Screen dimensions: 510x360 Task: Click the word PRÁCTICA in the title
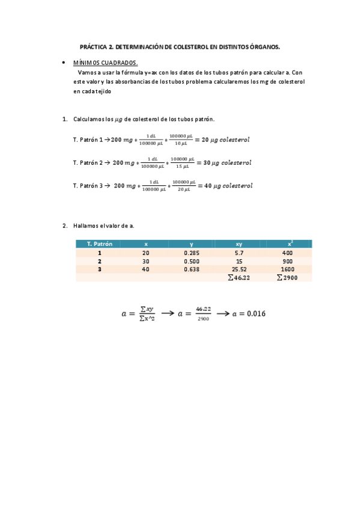click(x=93, y=46)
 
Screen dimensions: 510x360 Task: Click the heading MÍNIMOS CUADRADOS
click(x=105, y=63)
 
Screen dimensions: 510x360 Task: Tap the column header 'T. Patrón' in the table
click(x=99, y=244)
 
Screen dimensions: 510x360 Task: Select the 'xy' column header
click(x=239, y=244)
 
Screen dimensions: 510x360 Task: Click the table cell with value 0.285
click(x=192, y=253)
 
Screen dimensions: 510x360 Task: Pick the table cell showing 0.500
click(x=192, y=262)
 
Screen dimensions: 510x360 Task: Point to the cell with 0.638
click(x=192, y=270)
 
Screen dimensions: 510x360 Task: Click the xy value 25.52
click(x=239, y=270)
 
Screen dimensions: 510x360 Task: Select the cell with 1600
click(x=287, y=270)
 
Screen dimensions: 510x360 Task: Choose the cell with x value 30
click(x=145, y=262)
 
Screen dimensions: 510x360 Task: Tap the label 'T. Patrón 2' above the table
click(x=88, y=163)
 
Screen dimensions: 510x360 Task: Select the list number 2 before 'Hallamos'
click(x=64, y=226)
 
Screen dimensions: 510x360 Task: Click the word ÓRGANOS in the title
click(x=264, y=46)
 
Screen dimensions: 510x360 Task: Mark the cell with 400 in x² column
click(x=287, y=253)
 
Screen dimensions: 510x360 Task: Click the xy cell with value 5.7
click(x=239, y=253)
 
